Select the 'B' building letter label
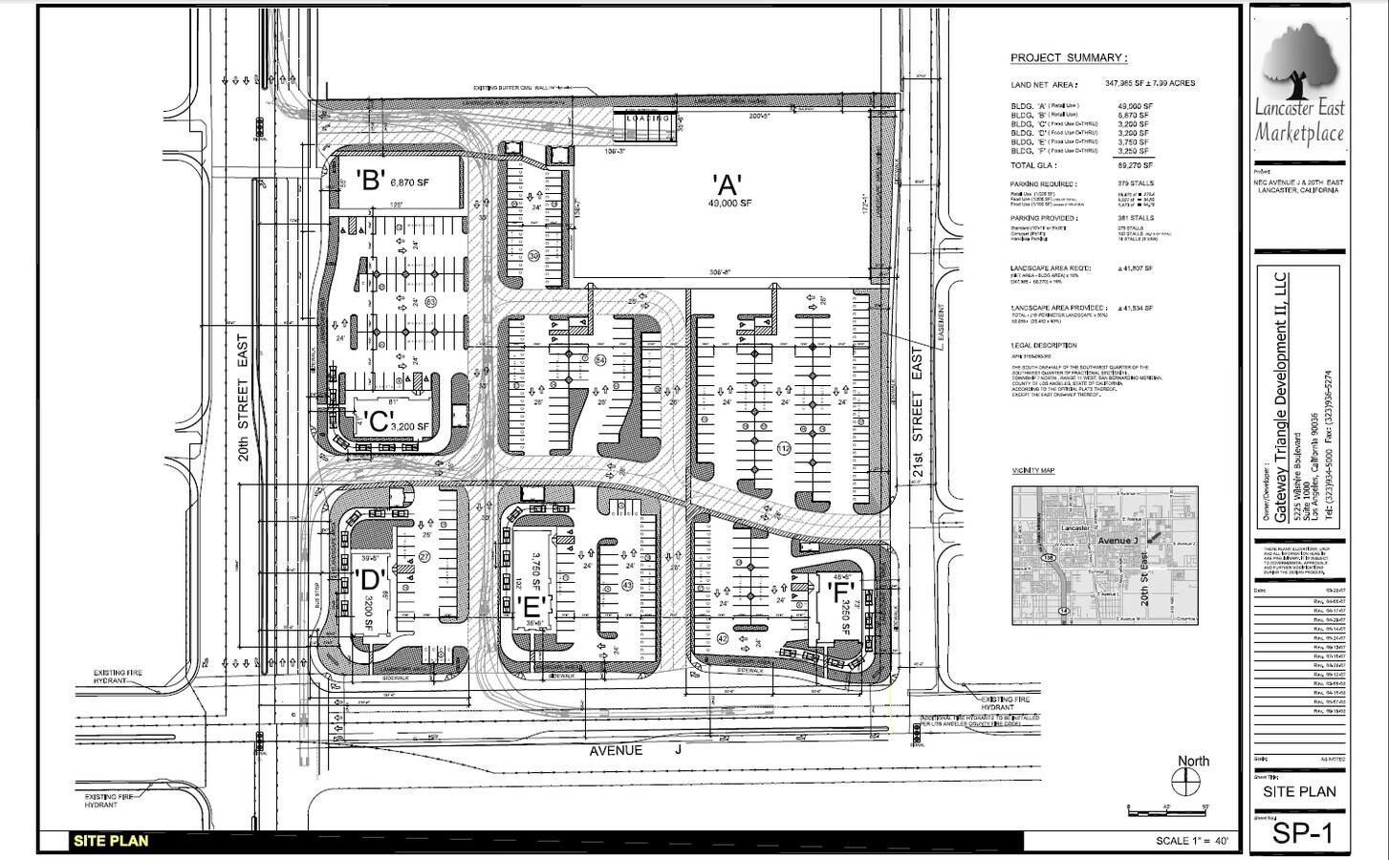pyautogui.click(x=370, y=180)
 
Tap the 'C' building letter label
pyautogui.click(x=375, y=420)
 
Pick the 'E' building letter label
pyautogui.click(x=532, y=606)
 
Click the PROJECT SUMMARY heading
pyautogui.click(x=1068, y=58)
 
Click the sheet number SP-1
pyautogui.click(x=1300, y=833)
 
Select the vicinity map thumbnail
pyautogui.click(x=1105, y=555)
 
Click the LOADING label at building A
pyautogui.click(x=648, y=119)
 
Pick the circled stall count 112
pyautogui.click(x=785, y=448)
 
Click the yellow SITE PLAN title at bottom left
pyautogui.click(x=110, y=841)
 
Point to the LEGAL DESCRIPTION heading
pyautogui.click(x=1043, y=346)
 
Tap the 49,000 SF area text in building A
pyautogui.click(x=730, y=204)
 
